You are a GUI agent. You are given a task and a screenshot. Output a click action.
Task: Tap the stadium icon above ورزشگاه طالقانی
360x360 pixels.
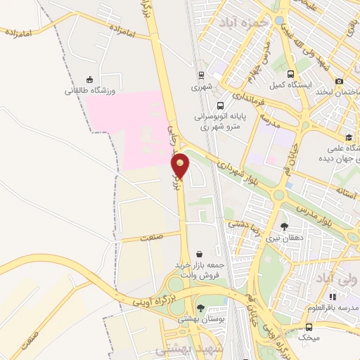89,79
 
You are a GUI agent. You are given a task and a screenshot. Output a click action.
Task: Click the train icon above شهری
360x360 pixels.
201,76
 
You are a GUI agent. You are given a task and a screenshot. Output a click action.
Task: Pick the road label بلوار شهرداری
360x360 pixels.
233,167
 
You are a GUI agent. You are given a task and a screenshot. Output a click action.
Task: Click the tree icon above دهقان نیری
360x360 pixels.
283,226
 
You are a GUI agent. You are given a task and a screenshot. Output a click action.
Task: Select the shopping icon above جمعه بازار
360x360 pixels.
200,254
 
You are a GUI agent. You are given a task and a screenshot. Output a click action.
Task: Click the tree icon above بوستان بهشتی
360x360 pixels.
201,307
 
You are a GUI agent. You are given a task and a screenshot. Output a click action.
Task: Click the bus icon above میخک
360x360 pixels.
308,327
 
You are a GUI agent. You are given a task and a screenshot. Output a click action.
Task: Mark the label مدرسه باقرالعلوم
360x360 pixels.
332,308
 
